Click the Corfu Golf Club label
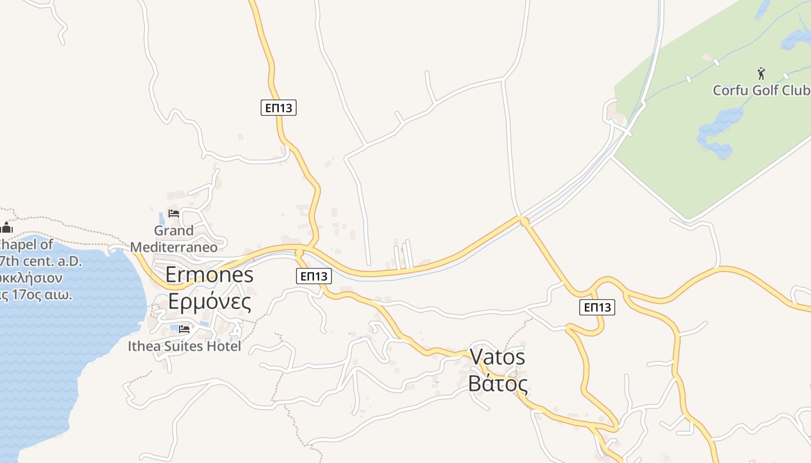761,90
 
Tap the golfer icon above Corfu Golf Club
761,74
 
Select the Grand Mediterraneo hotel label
174,239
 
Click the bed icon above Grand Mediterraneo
174,214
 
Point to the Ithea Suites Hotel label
184,346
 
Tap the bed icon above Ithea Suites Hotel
184,329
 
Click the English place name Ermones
209,274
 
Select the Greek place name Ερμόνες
209,301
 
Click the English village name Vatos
497,357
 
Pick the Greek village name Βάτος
498,383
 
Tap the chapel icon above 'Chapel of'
7,227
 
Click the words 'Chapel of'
26,244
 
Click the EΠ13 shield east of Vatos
597,307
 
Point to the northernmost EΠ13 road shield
278,107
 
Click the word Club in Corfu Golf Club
795,90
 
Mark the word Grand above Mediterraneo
174,231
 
